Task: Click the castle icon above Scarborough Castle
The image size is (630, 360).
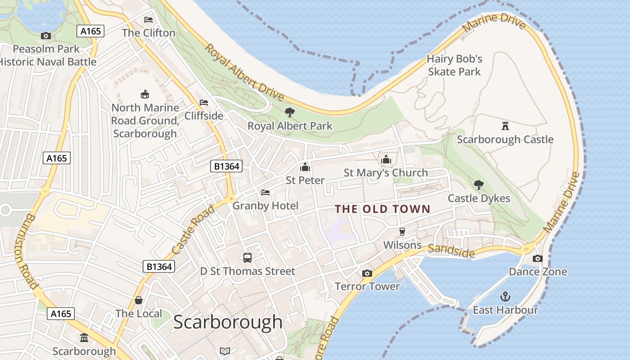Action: click(x=505, y=126)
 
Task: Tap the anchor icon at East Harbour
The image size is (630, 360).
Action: click(x=505, y=297)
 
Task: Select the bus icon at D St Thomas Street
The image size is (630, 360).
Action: click(x=247, y=258)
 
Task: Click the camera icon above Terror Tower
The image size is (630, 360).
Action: click(x=367, y=273)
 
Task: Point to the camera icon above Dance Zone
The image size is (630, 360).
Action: click(x=537, y=258)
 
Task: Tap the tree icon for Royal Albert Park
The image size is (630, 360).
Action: click(x=290, y=112)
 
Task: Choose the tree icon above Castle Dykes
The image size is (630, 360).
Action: click(x=479, y=184)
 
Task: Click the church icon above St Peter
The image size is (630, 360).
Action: click(x=305, y=167)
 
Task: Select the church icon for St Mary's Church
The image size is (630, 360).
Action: click(x=386, y=159)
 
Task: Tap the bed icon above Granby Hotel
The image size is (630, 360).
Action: click(x=265, y=193)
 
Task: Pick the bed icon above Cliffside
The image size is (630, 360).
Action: click(x=204, y=103)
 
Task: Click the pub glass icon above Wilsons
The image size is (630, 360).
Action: click(x=402, y=232)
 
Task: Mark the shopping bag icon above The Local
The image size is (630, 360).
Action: click(x=139, y=300)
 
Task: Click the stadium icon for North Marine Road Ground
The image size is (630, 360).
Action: click(x=145, y=94)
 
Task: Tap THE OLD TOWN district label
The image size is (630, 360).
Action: click(x=382, y=209)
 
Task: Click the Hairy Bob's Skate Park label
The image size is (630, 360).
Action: click(x=454, y=65)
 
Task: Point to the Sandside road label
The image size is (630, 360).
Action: click(x=451, y=251)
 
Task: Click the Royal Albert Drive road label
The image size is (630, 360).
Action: click(x=245, y=72)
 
